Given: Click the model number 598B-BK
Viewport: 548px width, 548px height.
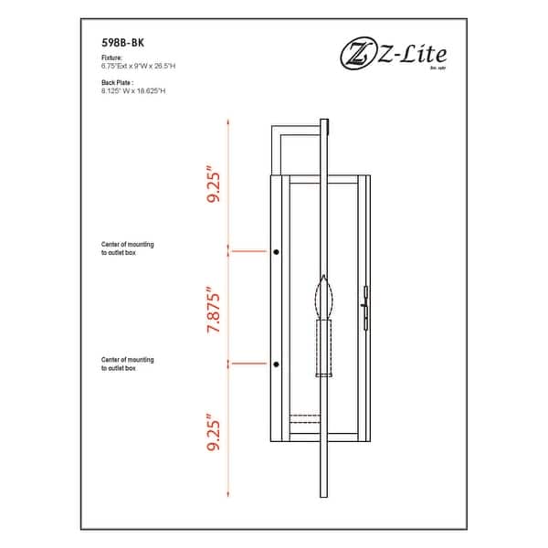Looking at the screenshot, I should point(122,42).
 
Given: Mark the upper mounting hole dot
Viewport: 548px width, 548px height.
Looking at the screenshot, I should point(276,250).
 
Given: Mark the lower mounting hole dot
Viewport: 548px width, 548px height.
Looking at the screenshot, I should point(276,364).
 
